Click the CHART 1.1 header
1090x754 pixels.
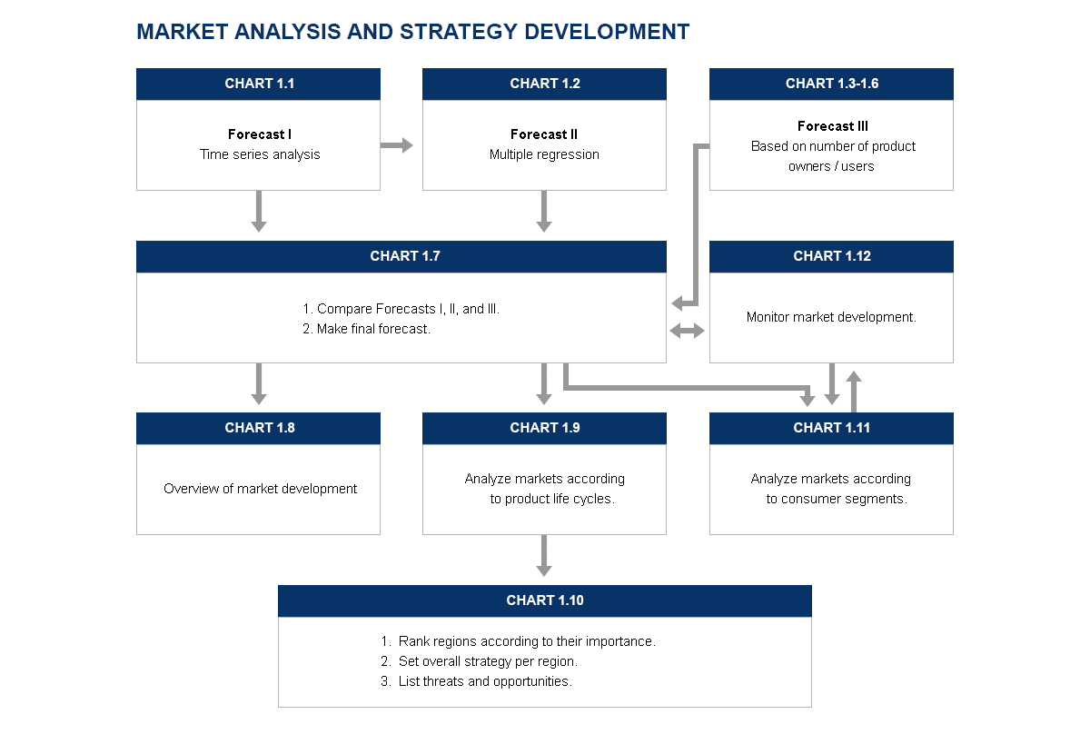point(258,84)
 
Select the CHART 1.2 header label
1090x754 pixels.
point(544,84)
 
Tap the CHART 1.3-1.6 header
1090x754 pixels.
point(832,84)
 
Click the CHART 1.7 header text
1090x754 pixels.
point(405,256)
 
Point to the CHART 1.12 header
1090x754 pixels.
point(832,256)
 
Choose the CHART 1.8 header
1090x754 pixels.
point(258,428)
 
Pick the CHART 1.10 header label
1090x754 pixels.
point(544,600)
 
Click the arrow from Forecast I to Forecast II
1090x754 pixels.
point(397,145)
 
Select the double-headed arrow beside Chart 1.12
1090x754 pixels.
point(687,331)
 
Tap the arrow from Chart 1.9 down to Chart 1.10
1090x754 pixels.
point(544,556)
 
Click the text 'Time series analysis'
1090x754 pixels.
point(260,154)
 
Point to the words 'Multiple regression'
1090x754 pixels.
point(544,154)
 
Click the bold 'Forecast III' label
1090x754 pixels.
point(833,126)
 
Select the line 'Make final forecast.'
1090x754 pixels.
point(366,329)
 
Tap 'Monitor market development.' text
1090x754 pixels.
point(831,317)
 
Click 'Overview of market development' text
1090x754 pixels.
point(260,488)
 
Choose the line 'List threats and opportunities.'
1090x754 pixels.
point(476,681)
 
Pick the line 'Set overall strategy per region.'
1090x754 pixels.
point(480,661)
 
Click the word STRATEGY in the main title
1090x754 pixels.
point(459,32)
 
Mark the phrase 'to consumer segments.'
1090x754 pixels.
point(837,499)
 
